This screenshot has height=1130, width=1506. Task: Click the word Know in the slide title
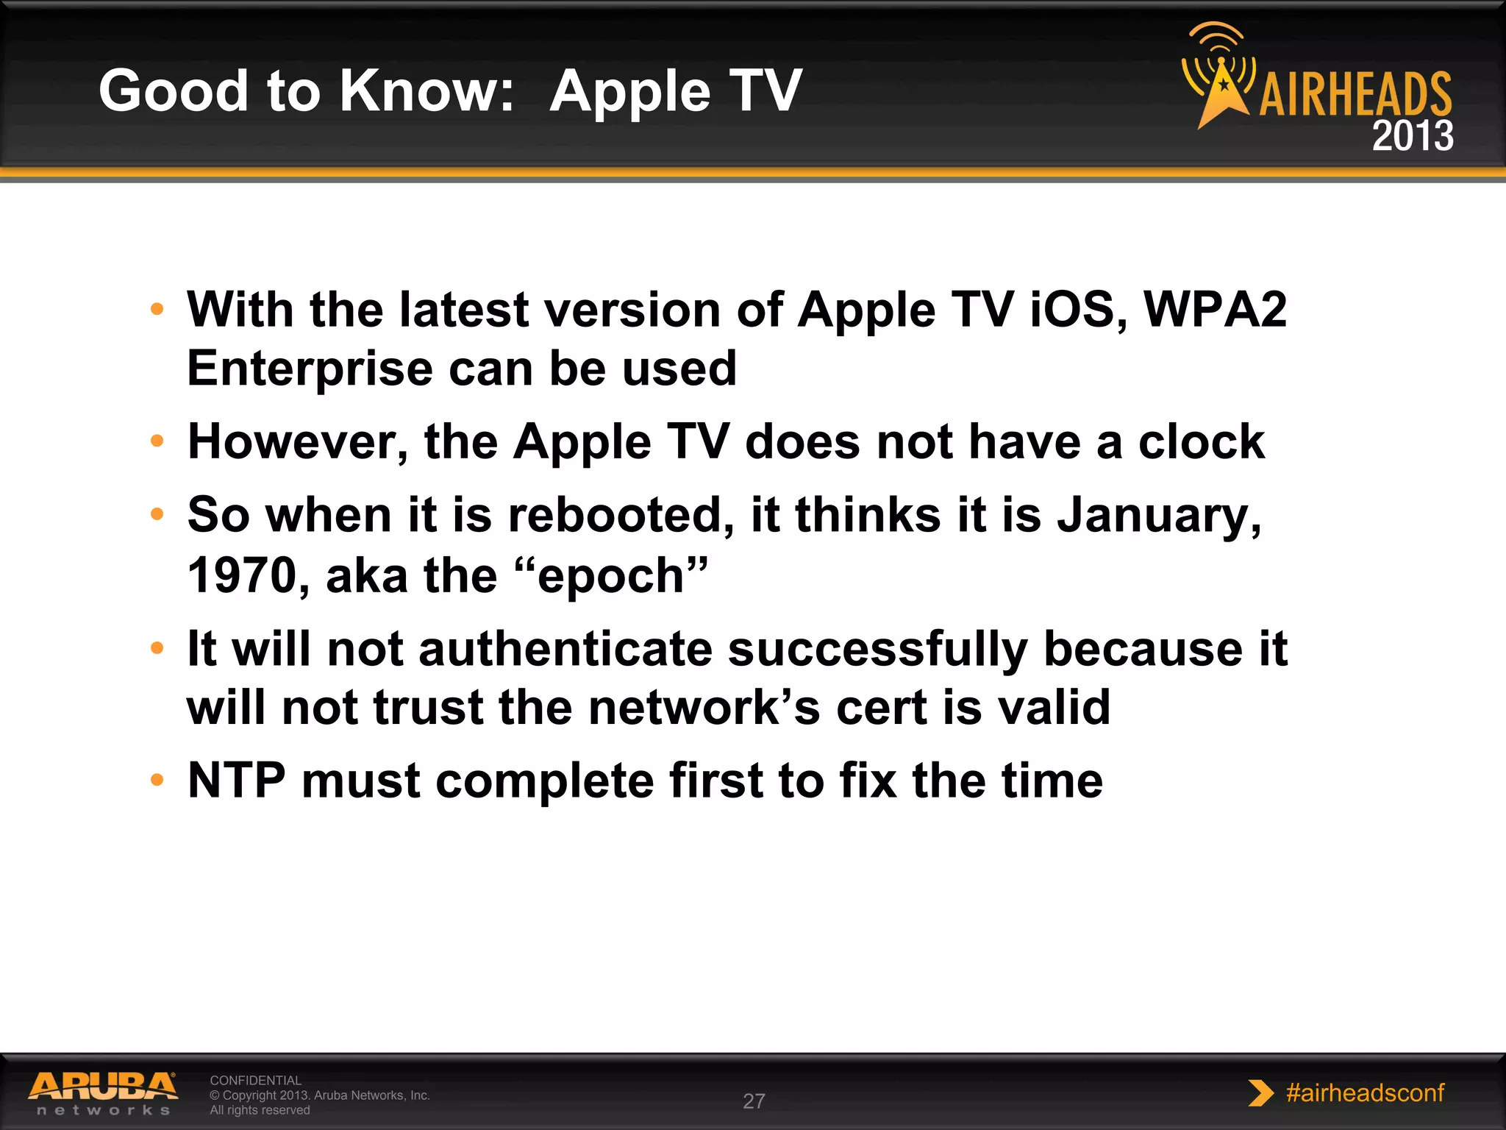pyautogui.click(x=417, y=91)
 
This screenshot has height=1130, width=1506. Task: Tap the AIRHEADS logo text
pyautogui.click(x=1355, y=95)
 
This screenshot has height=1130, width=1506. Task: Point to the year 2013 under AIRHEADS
pyautogui.click(x=1412, y=136)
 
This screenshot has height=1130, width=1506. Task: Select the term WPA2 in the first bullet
pyautogui.click(x=1215, y=310)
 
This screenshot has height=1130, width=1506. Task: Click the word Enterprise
pyautogui.click(x=310, y=369)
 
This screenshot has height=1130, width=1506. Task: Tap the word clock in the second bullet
pyautogui.click(x=1201, y=442)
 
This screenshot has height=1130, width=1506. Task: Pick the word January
pyautogui.click(x=1158, y=515)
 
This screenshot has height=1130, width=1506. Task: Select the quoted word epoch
pyautogui.click(x=611, y=575)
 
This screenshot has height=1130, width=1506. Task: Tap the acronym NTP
pyautogui.click(x=236, y=781)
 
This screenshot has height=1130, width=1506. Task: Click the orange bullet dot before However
pyautogui.click(x=157, y=441)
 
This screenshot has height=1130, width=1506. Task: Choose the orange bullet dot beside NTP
pyautogui.click(x=157, y=780)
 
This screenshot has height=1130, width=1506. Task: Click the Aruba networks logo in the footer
pyautogui.click(x=103, y=1093)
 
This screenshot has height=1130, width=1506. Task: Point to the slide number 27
pyautogui.click(x=754, y=1101)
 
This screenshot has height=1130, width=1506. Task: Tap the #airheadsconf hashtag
pyautogui.click(x=1365, y=1092)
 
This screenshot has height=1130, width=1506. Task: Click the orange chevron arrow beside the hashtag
pyautogui.click(x=1260, y=1093)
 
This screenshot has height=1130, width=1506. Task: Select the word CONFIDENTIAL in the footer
pyautogui.click(x=255, y=1080)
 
